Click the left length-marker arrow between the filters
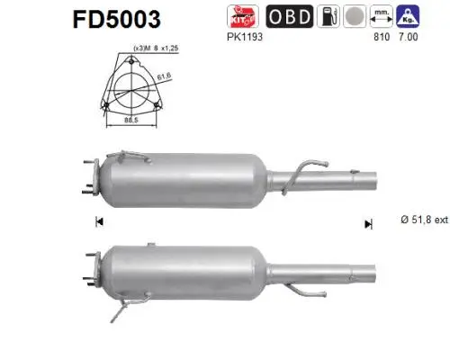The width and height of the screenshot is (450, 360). (99, 222)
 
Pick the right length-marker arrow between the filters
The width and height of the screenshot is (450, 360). (367, 222)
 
